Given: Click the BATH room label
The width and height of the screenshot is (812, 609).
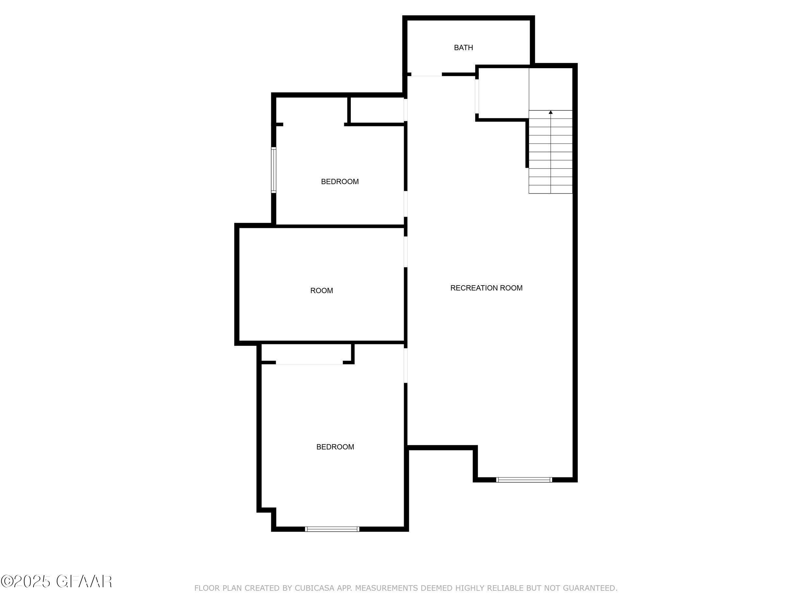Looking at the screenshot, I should click(463, 48).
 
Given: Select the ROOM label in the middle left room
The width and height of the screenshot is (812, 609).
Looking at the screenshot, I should click(322, 291).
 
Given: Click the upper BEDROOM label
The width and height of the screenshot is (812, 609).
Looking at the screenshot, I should click(339, 182).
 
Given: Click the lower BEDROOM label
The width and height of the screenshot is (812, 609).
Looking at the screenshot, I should click(335, 447).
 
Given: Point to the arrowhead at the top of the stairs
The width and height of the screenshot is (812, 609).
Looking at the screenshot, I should click(550, 112).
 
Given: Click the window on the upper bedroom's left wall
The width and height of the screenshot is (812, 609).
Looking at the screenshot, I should click(273, 170).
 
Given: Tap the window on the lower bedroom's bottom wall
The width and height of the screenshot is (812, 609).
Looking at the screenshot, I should click(332, 529).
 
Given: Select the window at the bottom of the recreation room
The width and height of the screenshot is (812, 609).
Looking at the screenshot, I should click(524, 479).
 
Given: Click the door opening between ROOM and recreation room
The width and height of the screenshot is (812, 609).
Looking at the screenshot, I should click(406, 251).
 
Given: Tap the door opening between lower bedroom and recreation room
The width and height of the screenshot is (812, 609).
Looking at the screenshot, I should click(406, 365).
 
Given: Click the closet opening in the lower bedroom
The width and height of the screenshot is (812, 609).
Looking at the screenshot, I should click(309, 363).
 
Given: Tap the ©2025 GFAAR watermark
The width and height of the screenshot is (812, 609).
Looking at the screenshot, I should click(57, 581).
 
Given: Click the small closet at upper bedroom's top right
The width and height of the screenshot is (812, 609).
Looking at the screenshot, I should click(377, 110).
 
